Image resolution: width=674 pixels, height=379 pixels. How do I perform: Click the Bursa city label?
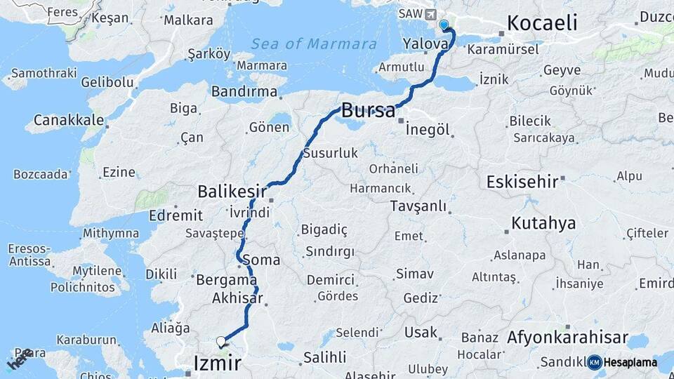(x=368, y=110)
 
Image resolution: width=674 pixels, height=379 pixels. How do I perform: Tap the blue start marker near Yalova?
(x=444, y=25)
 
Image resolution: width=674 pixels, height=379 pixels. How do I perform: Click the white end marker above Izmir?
(x=221, y=342)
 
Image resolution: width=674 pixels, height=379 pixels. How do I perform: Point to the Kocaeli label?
(x=542, y=23)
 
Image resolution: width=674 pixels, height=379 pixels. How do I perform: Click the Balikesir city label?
(x=232, y=191)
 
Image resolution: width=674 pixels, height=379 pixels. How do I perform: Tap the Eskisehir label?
(x=522, y=182)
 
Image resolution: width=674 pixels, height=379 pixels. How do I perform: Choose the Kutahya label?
(x=543, y=224)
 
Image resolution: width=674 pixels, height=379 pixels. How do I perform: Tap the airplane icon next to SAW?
(x=430, y=14)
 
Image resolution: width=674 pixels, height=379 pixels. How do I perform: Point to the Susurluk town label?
(x=331, y=153)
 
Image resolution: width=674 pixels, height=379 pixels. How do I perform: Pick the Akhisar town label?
(x=237, y=298)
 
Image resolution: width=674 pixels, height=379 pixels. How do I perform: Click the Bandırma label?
(x=244, y=92)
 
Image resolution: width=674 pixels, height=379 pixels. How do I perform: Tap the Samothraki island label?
(x=39, y=74)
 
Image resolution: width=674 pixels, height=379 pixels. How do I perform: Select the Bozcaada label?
(x=41, y=174)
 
